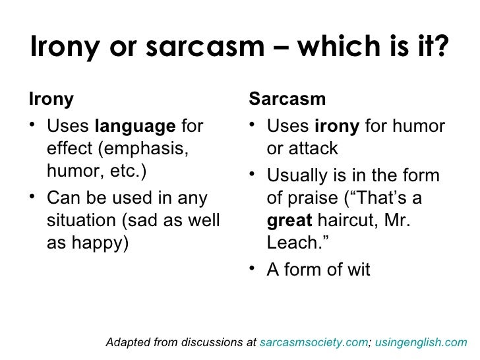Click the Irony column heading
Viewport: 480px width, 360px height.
[51, 100]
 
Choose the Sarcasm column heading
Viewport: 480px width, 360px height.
[287, 100]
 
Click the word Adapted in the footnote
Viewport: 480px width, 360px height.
[129, 343]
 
